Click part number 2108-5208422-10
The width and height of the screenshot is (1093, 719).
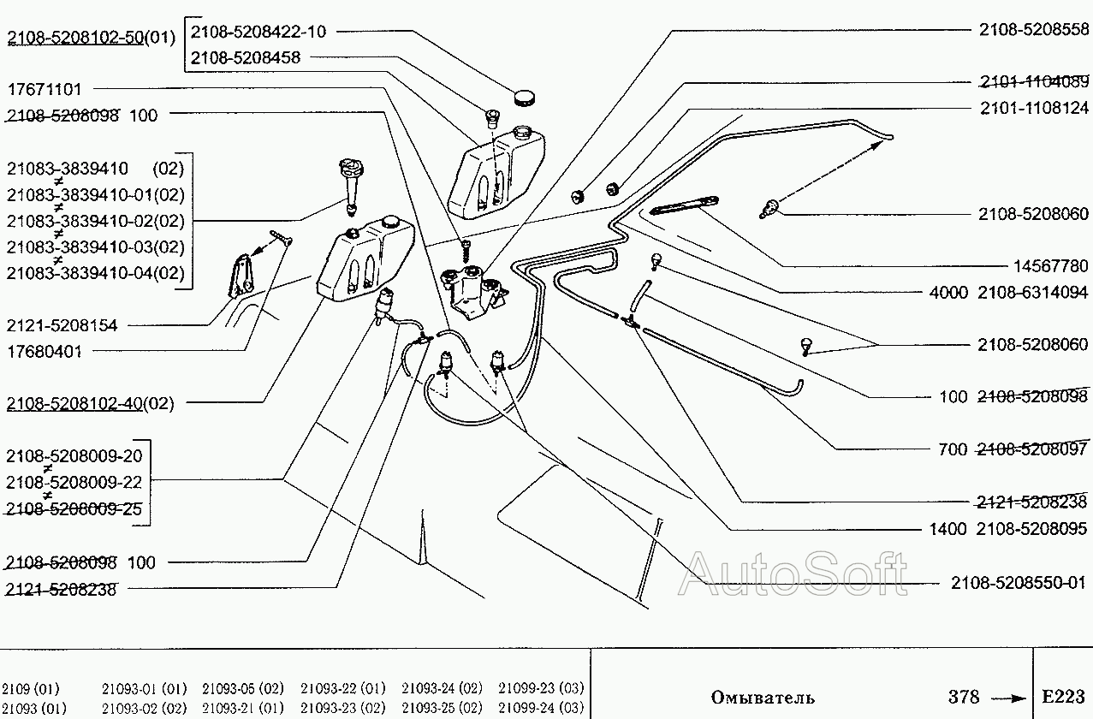click(258, 32)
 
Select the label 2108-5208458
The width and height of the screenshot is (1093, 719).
click(245, 57)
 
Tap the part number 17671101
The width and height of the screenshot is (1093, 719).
click(45, 89)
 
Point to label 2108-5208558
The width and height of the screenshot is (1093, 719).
click(1034, 30)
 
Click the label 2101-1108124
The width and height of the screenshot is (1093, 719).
click(1035, 108)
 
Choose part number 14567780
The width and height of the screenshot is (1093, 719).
click(1051, 266)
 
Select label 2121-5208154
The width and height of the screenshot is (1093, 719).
click(62, 325)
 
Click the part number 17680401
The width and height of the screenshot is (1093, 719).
click(45, 352)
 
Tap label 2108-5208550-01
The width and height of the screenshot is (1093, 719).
click(1018, 583)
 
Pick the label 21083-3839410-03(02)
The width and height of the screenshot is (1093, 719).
click(96, 247)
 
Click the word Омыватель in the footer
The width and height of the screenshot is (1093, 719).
click(763, 698)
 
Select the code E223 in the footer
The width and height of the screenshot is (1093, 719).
click(1063, 697)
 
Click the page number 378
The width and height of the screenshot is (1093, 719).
click(964, 697)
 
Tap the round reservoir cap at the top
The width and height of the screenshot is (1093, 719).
click(525, 97)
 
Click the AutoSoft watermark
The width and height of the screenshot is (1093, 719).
click(793, 574)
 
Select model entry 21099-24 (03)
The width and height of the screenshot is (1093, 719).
click(541, 707)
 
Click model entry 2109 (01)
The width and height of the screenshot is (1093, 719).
click(30, 689)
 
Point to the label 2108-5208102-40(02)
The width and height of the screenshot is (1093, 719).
click(90, 404)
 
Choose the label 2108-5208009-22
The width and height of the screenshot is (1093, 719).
click(74, 482)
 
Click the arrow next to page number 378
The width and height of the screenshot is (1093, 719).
click(1009, 699)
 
